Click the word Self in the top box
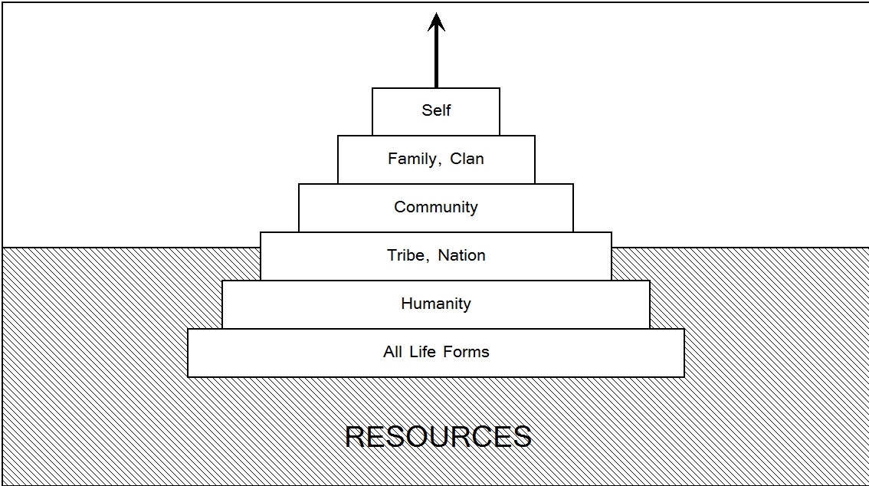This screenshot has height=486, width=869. (x=436, y=110)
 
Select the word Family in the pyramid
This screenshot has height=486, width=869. (x=412, y=159)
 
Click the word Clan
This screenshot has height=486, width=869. (x=467, y=159)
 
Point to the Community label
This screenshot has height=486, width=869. (x=436, y=207)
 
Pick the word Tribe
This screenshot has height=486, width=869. (x=405, y=255)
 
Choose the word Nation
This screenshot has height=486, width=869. (x=461, y=255)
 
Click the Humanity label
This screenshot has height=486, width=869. (x=436, y=304)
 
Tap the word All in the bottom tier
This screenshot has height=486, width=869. (x=392, y=352)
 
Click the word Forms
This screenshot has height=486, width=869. (x=465, y=352)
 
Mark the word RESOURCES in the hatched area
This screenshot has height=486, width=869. (x=438, y=436)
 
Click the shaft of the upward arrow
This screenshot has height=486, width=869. (x=436, y=61)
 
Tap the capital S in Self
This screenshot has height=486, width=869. (x=426, y=110)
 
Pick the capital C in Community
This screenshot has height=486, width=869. (x=399, y=207)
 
